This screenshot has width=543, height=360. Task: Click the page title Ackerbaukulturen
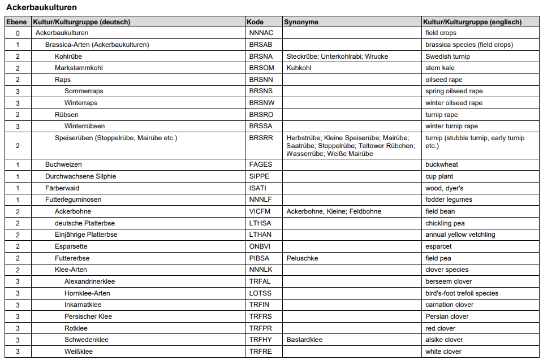pos(41,8)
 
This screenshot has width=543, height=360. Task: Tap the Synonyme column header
pos(301,22)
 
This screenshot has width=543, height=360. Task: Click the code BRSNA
pos(261,57)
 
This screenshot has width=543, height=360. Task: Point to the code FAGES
pos(260,164)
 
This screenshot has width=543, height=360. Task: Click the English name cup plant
pos(439,176)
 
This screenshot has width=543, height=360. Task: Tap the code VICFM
pos(260,211)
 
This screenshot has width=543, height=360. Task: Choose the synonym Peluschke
pos(302,258)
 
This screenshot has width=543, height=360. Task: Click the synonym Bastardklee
pos(304,340)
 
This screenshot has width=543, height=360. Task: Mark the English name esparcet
pos(439,246)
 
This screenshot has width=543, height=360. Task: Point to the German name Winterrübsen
pos(84,126)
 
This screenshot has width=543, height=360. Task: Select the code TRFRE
pos(260,352)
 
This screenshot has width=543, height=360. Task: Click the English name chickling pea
pos(445,223)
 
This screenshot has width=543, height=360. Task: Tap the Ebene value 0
pos(18,33)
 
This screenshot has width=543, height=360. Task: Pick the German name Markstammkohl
pos(79,68)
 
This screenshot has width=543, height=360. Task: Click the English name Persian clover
pos(447,316)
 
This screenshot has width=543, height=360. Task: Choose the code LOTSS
pos(260,293)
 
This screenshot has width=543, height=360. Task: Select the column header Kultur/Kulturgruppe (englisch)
pos(472,22)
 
